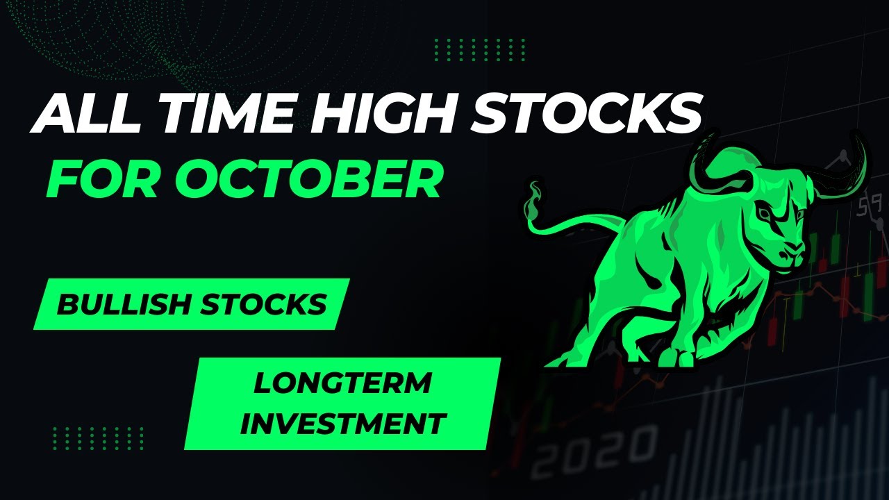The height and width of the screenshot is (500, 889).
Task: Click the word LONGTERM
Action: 342,383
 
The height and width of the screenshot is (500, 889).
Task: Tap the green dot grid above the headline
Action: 479,49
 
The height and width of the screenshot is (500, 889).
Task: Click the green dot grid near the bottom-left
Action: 98,438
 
